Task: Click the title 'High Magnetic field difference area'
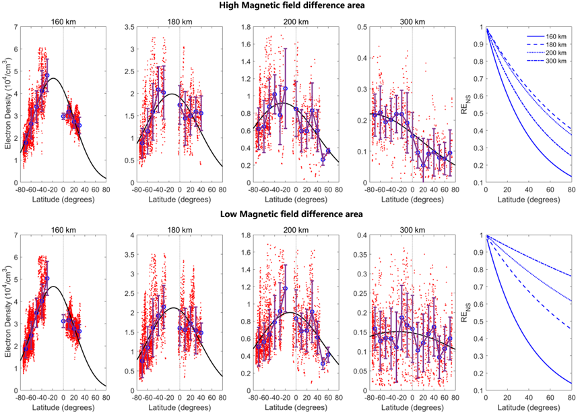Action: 291,5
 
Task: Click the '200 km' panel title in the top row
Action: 296,22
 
